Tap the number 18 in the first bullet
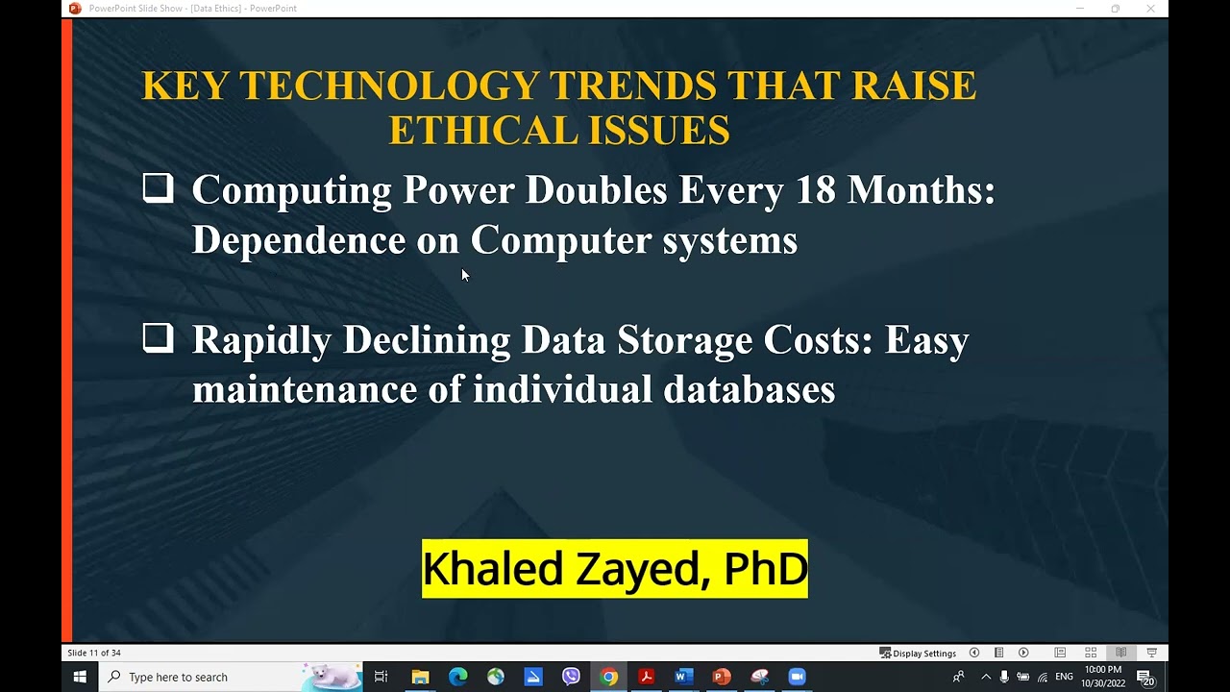[x=816, y=190]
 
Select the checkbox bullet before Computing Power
[x=158, y=187]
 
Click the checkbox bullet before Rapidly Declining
[x=158, y=337]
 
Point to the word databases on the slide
[x=749, y=390]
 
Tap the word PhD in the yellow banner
[x=765, y=569]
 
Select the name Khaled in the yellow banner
[x=492, y=569]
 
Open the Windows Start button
[x=80, y=677]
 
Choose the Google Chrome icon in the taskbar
[x=608, y=677]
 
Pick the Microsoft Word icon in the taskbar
[x=683, y=677]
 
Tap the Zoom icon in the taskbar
[x=797, y=677]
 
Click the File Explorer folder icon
[x=420, y=677]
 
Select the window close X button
[x=1150, y=9]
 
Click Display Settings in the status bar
[x=919, y=654]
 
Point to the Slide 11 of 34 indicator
[x=94, y=654]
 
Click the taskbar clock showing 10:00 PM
[x=1102, y=677]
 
